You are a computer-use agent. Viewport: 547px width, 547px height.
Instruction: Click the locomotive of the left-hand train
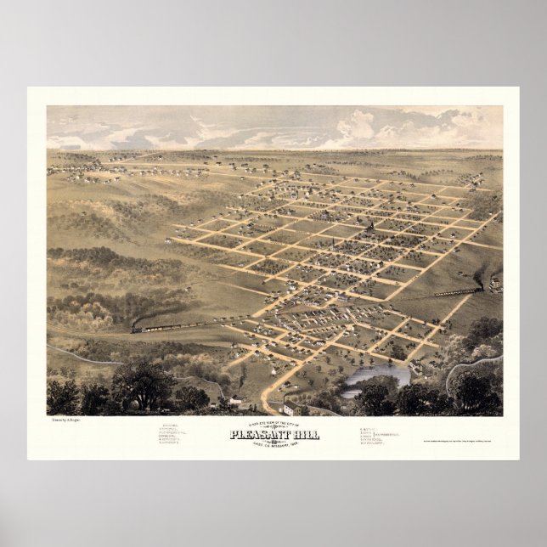point(138,325)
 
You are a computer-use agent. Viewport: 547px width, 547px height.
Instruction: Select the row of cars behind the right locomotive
point(454,292)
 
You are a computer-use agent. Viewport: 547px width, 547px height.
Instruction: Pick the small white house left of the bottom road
point(233,400)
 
